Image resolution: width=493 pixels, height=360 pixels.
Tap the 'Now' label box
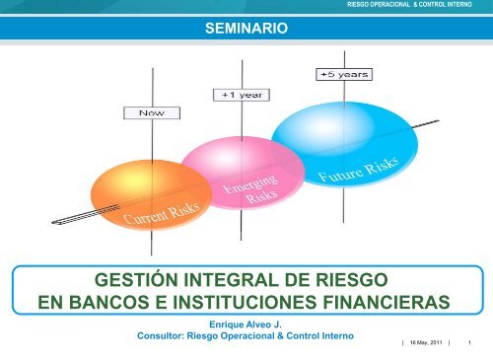152,113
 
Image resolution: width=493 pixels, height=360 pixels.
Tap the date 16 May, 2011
423,342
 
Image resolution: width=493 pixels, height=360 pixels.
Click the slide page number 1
471,342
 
